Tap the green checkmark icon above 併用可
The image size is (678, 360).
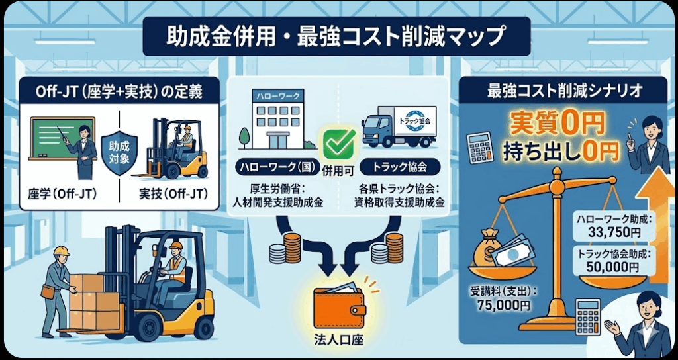click(339, 141)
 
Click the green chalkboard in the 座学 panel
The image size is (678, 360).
click(59, 139)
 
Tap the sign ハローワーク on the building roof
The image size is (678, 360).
click(277, 96)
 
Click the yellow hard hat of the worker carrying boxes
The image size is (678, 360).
click(61, 251)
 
